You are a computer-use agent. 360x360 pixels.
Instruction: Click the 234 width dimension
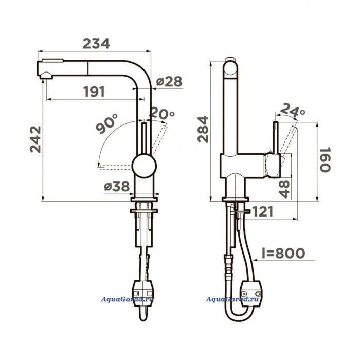(x=96, y=44)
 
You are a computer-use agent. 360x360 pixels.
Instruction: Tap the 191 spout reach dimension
(x=94, y=92)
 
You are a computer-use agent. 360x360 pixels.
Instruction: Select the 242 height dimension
(x=35, y=139)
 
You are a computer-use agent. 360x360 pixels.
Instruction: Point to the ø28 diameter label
(x=169, y=81)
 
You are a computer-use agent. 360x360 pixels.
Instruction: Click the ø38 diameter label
(x=117, y=186)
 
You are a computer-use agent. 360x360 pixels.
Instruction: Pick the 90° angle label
(x=107, y=123)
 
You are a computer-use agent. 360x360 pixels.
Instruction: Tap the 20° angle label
(x=162, y=113)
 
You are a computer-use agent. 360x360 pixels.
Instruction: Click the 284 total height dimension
(x=203, y=130)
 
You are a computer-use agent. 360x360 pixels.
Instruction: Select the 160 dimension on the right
(x=325, y=159)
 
